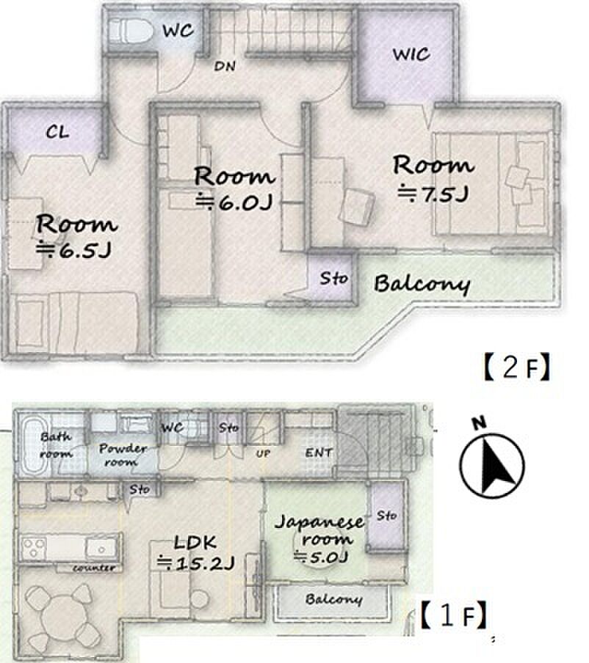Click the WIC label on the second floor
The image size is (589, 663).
[x=411, y=54]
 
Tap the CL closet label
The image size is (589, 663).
[x=57, y=132]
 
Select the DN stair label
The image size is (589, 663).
[x=225, y=66]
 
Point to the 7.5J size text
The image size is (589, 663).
[x=433, y=194]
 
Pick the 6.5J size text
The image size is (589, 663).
[x=73, y=250]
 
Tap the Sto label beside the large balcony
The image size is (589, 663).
[x=334, y=278]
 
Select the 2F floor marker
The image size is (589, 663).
[x=516, y=367]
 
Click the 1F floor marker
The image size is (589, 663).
[x=454, y=615]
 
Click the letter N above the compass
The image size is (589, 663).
[x=479, y=422]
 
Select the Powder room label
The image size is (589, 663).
[x=123, y=455]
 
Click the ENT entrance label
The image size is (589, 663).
[x=319, y=453]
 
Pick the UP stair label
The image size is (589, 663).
[x=263, y=454]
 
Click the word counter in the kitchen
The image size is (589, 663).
[x=94, y=568]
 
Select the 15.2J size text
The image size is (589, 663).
[x=195, y=563]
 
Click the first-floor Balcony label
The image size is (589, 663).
[x=333, y=598]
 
